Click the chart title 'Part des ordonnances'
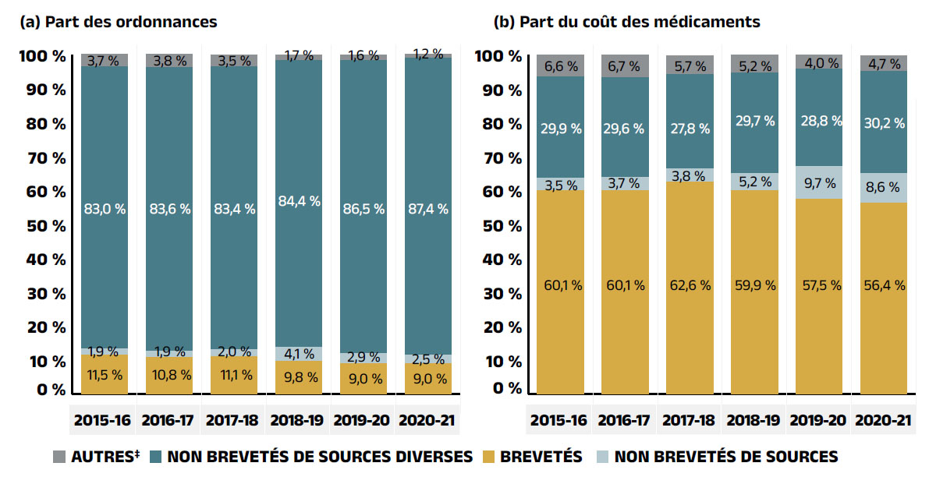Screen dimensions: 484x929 [119, 22]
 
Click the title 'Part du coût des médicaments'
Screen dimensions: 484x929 [627, 22]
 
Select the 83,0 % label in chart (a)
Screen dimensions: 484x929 [104, 209]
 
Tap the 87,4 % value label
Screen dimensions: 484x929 [428, 209]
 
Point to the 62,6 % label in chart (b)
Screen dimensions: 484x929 [689, 285]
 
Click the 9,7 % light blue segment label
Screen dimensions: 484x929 [819, 183]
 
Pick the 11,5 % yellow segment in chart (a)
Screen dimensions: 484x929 [104, 375]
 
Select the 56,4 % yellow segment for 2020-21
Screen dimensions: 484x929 [883, 285]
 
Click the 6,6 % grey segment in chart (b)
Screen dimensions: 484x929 [559, 66]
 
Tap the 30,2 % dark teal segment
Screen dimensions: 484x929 [883, 123]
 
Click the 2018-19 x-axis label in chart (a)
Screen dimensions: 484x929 [299, 420]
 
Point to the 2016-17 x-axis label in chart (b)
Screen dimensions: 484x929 [624, 420]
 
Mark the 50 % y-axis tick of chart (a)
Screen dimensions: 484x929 [48, 226]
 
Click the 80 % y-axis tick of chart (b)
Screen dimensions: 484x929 [503, 124]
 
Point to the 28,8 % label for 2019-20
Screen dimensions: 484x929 [819, 121]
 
